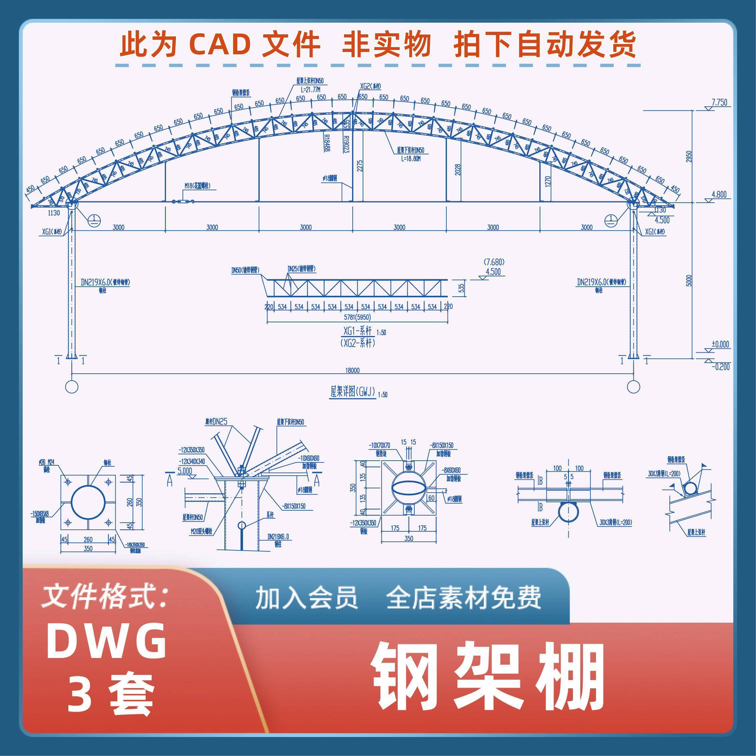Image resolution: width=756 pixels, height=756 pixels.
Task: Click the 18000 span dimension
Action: coord(352,370)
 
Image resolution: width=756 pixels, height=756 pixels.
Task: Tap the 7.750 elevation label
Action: coord(719,103)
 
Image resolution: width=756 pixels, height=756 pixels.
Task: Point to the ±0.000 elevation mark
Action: coord(720,344)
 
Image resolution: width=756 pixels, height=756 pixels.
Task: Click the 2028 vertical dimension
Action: coord(458,170)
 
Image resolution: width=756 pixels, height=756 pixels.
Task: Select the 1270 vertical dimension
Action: coord(547,182)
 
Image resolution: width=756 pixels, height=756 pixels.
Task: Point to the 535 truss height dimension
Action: coord(461,288)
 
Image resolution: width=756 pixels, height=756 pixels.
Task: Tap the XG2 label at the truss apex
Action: coord(371,86)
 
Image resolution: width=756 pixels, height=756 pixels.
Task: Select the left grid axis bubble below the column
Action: coord(72,387)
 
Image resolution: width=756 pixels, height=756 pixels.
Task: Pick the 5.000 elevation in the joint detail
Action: coord(185,471)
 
